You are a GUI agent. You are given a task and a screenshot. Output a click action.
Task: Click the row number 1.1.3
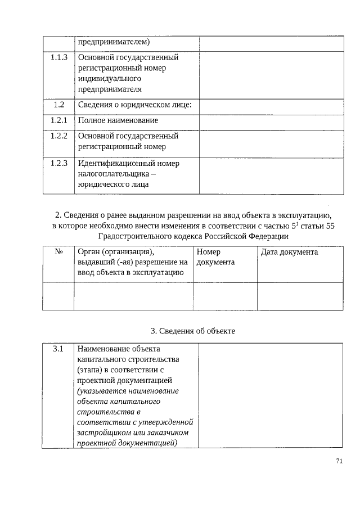click(58, 57)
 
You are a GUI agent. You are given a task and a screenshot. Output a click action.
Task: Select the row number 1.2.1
click(58, 120)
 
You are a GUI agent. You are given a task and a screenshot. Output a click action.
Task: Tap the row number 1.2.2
click(58, 136)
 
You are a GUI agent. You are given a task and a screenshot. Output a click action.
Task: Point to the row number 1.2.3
click(58, 164)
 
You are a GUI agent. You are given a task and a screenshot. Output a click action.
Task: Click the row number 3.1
click(58, 349)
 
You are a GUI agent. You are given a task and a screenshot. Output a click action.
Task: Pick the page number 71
click(339, 461)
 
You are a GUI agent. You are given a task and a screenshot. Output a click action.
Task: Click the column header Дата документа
click(290, 252)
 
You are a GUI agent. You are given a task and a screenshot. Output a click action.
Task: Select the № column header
click(58, 252)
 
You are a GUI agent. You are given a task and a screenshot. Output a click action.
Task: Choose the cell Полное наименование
click(118, 120)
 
